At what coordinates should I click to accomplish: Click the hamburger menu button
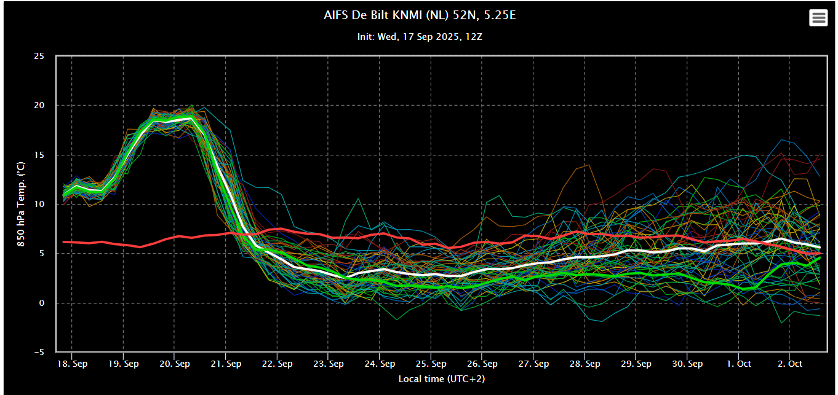click(818, 18)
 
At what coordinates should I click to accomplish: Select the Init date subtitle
click(420, 37)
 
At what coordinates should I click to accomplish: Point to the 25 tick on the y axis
click(39, 56)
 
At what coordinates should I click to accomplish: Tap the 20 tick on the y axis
click(39, 105)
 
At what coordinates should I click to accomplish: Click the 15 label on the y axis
click(39, 155)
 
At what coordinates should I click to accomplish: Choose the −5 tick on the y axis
click(39, 352)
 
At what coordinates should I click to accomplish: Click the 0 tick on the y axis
click(41, 303)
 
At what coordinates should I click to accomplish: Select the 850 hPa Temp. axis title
click(21, 204)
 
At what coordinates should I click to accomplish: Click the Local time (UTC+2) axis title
click(441, 379)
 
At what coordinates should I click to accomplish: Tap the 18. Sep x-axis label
click(72, 364)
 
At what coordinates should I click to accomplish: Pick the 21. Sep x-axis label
click(226, 364)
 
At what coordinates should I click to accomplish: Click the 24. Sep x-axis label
click(380, 364)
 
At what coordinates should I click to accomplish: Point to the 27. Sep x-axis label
click(533, 364)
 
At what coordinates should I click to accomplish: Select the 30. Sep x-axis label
click(687, 364)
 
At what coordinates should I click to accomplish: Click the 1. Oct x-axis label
click(738, 364)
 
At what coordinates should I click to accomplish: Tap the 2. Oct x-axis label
click(790, 364)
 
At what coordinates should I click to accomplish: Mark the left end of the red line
click(63, 242)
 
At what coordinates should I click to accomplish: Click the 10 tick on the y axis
click(39, 204)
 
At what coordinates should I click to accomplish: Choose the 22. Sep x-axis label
click(277, 364)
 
